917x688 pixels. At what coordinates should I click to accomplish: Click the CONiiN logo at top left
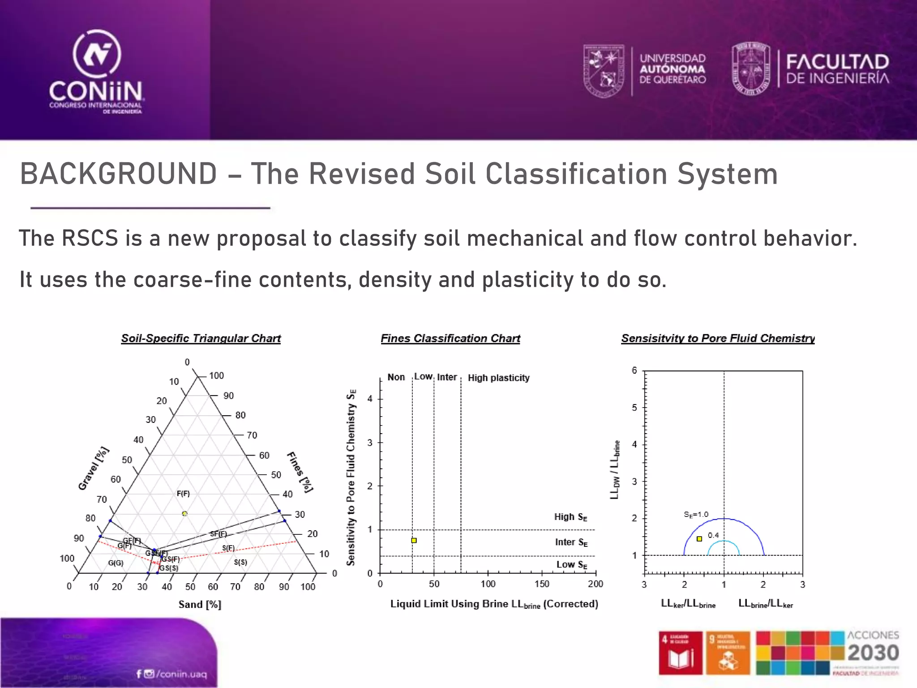point(96,72)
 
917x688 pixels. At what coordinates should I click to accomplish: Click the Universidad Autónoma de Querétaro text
point(672,69)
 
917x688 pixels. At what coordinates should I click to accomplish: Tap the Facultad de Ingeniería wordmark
point(837,69)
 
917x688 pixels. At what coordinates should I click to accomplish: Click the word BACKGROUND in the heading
point(119,174)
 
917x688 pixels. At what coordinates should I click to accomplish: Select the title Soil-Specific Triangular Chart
point(201,339)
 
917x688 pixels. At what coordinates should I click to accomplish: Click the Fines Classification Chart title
point(450,339)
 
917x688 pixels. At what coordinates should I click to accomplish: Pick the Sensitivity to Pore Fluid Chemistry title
point(717,339)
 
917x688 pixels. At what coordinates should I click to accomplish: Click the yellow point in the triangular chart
point(184,513)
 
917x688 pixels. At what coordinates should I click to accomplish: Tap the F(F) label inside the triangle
point(183,494)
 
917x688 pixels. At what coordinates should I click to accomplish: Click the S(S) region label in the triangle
point(240,562)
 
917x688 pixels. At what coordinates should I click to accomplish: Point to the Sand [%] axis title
point(200,605)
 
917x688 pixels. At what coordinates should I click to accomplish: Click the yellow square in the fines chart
point(414,541)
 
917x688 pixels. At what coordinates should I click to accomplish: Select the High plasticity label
point(498,378)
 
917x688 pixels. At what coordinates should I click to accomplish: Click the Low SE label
point(571,565)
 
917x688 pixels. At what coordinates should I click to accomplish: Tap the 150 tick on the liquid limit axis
point(542,584)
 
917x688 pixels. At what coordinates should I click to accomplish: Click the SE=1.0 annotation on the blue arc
point(696,515)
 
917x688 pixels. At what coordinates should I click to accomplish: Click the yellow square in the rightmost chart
point(699,539)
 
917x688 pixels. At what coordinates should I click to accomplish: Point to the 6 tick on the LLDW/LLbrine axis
point(634,370)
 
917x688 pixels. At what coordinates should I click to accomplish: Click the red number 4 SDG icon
point(680,652)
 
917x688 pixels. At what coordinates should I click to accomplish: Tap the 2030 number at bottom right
point(873,653)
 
